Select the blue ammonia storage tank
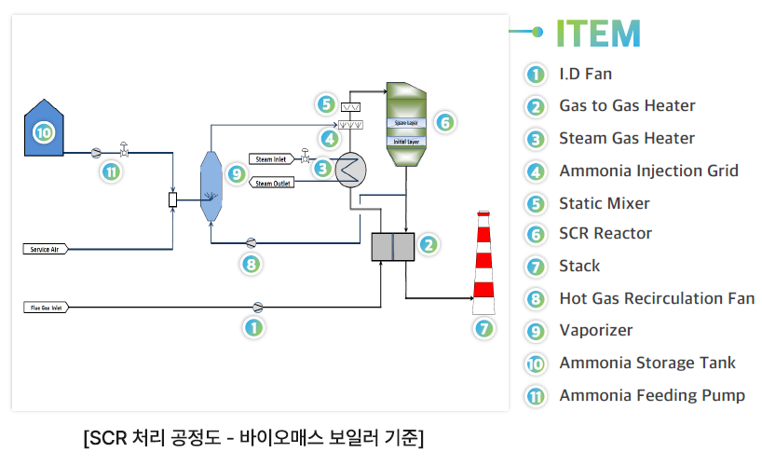point(44,128)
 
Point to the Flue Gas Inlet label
point(44,307)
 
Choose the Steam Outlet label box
point(272,183)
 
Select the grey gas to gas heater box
point(392,247)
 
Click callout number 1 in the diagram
point(252,327)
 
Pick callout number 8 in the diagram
point(250,265)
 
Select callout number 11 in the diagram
point(111,171)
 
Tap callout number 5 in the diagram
point(325,104)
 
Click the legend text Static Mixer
point(604,203)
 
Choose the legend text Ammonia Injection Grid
point(648,171)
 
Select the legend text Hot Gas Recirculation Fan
point(657,299)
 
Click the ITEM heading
point(598,34)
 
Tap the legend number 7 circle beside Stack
point(535,267)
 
